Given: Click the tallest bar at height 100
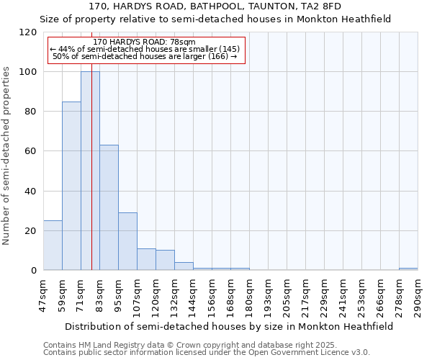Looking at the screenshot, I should [x=90, y=171].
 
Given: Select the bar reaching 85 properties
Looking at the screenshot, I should [x=71, y=186].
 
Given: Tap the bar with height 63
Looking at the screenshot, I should [x=109, y=207].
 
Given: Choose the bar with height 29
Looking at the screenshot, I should [x=127, y=241].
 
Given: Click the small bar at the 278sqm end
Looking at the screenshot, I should [x=408, y=269].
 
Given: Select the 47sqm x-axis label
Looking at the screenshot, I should [x=42, y=294].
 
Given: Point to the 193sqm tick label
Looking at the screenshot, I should [x=268, y=294].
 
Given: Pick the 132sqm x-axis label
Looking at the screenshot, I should [x=174, y=294].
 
